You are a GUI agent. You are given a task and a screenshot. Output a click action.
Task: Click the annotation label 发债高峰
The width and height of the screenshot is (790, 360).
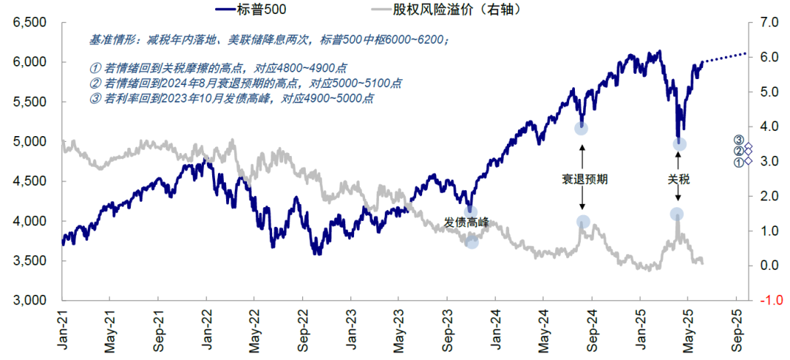467,222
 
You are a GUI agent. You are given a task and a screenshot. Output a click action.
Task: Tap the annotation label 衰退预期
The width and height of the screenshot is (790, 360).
583,178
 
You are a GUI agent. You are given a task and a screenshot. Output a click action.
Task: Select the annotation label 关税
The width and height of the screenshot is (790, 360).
678,178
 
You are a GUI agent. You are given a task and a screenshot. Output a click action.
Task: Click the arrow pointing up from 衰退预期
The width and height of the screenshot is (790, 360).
583,155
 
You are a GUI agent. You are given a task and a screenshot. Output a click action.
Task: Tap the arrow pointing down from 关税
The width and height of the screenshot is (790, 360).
678,194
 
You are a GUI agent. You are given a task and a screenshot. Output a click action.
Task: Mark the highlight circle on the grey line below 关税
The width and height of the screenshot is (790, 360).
677,214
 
